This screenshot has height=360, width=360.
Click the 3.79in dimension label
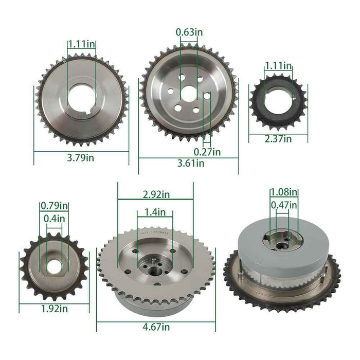pos(81,158)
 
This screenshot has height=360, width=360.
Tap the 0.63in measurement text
pos(189,32)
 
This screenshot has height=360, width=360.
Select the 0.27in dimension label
pos(207,152)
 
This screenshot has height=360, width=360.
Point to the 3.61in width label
pos(190,164)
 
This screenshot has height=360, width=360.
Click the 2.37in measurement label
pos(278,138)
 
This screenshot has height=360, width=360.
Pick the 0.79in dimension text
pos(54,207)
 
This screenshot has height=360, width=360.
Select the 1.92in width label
pos(54,309)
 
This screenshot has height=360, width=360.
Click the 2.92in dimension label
pos(155,194)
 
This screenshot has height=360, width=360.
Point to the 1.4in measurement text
pos(155,212)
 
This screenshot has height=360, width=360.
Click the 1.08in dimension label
pos(284,192)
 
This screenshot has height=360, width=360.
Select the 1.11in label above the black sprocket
pos(278,66)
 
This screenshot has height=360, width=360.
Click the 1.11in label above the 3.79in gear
pos(81,44)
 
